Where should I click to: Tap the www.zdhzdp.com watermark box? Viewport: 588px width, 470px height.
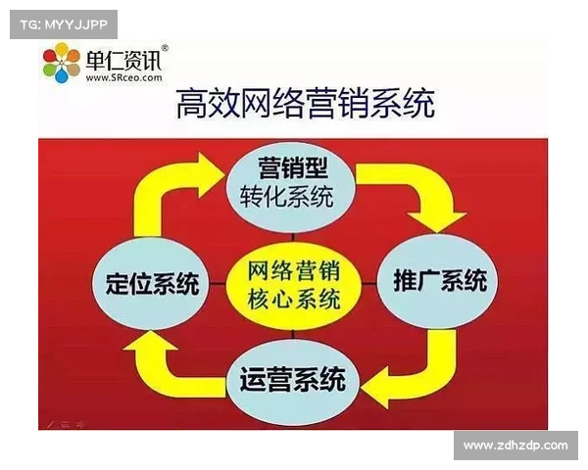coord(515,446)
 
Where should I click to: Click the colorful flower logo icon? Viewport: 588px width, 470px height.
coord(62,62)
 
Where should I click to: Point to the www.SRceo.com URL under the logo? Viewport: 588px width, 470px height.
coord(123,78)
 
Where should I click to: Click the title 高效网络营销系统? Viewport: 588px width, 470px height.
coord(305,104)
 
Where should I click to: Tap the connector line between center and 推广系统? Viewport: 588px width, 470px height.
coord(368,283)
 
